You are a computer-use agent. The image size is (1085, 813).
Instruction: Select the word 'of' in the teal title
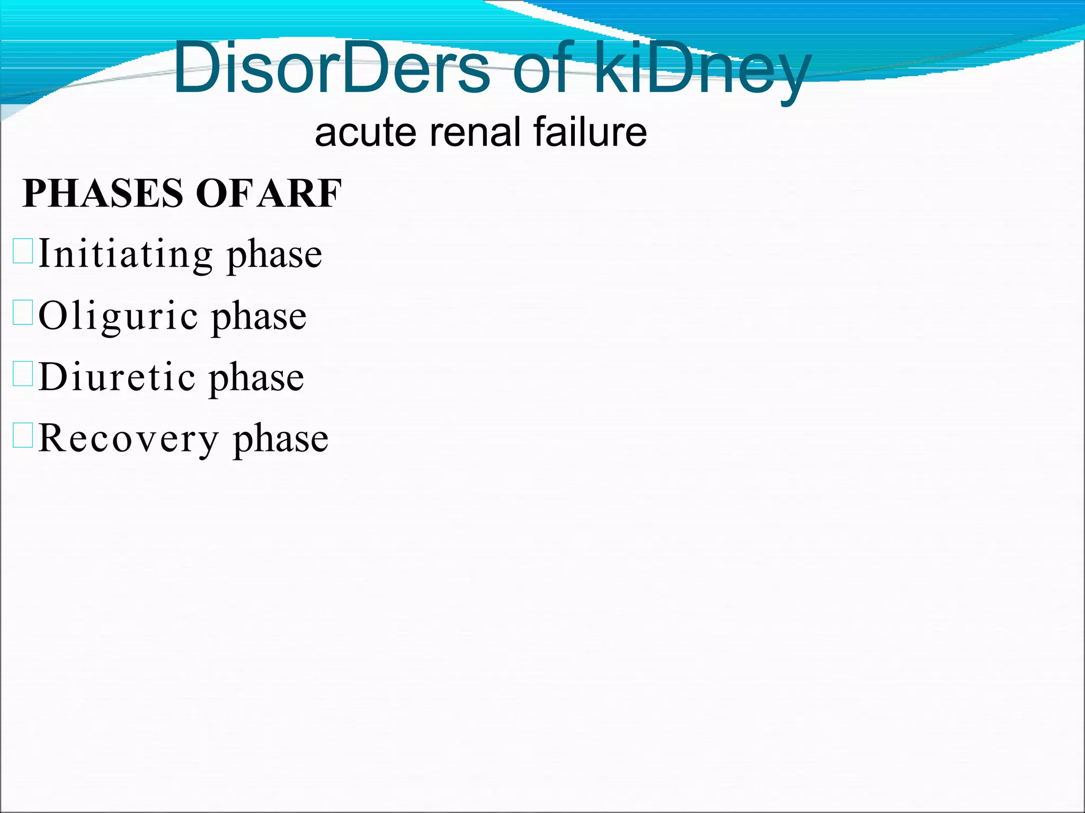(542, 69)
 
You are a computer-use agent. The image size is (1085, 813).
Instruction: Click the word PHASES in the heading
(104, 193)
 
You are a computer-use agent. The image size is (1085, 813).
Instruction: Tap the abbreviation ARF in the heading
(300, 193)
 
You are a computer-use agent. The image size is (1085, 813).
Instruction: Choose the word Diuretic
(117, 378)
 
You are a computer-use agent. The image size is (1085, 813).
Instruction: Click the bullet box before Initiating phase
(23, 251)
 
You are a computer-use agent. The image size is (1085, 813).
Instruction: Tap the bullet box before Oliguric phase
(23, 312)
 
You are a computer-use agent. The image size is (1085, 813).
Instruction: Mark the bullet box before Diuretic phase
(23, 374)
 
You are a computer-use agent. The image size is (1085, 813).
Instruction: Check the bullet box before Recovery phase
(23, 435)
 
